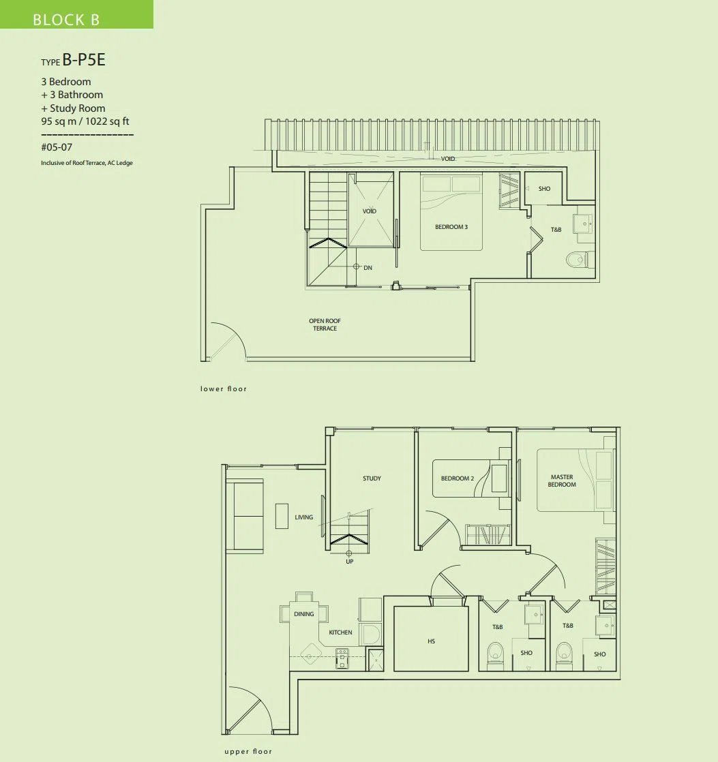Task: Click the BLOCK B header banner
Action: tap(76, 14)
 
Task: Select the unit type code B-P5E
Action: tap(84, 60)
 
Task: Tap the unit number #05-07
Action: tap(57, 147)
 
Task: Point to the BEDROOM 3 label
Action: tap(451, 227)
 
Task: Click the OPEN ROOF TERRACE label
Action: tap(325, 324)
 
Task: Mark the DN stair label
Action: tap(368, 268)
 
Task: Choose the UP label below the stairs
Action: tap(350, 562)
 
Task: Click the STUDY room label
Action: tap(372, 478)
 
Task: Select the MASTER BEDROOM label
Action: tap(562, 481)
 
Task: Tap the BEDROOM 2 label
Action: tap(458, 478)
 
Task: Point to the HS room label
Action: tap(431, 641)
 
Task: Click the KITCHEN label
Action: tap(340, 633)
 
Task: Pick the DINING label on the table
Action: tap(304, 614)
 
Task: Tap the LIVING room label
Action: tap(304, 517)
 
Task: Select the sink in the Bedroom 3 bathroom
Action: tap(582, 224)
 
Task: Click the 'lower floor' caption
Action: tap(224, 388)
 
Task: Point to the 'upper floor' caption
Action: tap(248, 751)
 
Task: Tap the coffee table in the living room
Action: tap(282, 516)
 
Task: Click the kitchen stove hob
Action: tap(342, 658)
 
